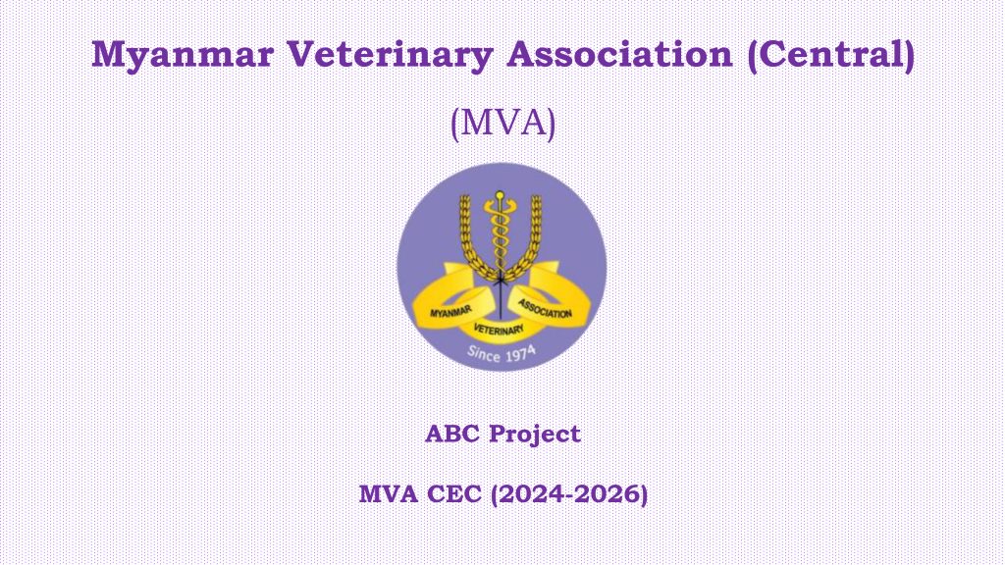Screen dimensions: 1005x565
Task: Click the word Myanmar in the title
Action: pos(183,56)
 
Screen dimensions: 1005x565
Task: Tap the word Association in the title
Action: pos(619,54)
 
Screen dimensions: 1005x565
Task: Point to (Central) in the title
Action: pos(830,55)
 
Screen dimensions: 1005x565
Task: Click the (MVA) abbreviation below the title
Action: pos(502,123)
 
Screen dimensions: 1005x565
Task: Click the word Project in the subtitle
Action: pos(535,435)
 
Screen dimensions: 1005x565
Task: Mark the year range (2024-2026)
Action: pos(569,495)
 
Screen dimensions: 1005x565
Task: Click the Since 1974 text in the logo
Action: pos(502,353)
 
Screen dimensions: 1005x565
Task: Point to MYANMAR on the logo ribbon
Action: pos(450,312)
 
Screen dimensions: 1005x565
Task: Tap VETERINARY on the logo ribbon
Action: pos(499,330)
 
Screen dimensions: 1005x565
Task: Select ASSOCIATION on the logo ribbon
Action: pos(545,309)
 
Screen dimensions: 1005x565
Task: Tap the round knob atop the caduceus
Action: pos(500,194)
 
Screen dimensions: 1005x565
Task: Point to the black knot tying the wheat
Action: pos(501,280)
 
